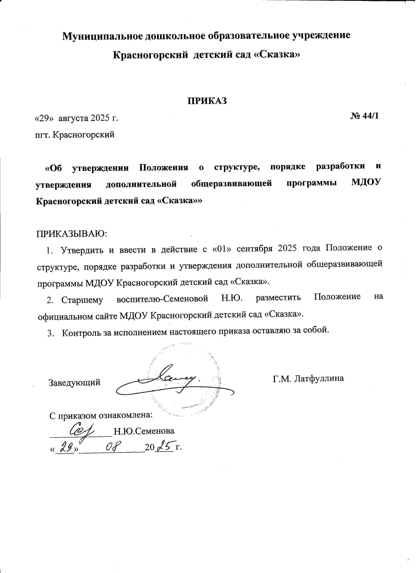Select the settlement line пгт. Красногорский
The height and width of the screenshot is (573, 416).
(x=75, y=135)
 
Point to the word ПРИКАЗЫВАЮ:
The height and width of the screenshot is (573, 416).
(x=72, y=233)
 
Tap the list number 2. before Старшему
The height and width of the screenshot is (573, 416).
(x=50, y=300)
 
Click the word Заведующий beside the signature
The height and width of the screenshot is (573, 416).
(x=74, y=382)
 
